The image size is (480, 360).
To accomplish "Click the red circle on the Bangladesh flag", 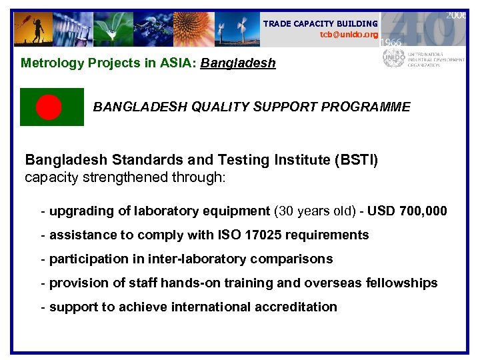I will point(49,107).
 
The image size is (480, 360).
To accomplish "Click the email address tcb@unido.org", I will point(349,35).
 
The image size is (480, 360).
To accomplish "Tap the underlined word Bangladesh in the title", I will point(238,64).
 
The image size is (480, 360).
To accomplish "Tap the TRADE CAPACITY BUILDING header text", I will point(320,23).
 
